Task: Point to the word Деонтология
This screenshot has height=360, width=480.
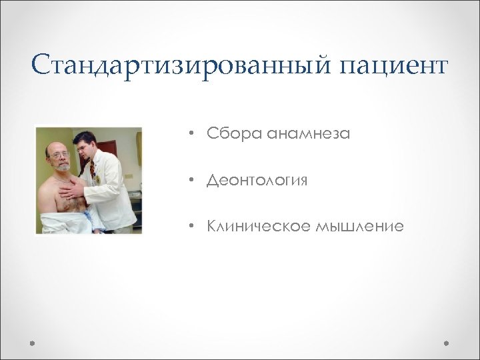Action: [x=257, y=181]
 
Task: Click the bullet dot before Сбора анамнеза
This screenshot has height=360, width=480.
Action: [x=191, y=134]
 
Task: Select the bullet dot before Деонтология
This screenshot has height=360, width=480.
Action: [x=191, y=180]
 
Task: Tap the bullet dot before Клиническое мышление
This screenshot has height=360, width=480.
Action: [x=191, y=227]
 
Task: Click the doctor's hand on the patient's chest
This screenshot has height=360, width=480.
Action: [x=70, y=193]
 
